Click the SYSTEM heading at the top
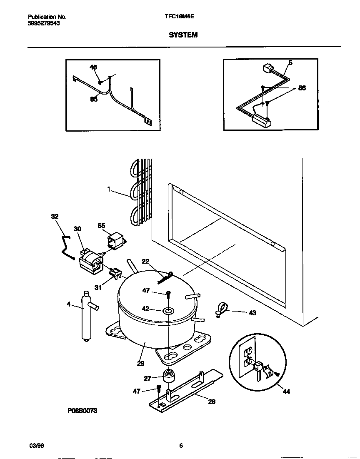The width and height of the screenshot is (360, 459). click(183, 35)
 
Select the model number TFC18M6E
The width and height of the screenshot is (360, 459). click(180, 17)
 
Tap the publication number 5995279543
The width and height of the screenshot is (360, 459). click(44, 23)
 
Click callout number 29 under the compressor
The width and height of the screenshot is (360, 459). click(140, 363)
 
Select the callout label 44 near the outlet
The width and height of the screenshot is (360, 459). click(287, 392)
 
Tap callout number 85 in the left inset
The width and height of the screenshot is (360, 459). click(94, 100)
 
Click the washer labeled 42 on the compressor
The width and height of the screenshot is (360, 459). click(169, 310)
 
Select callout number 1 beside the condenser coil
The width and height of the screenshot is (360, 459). click(108, 189)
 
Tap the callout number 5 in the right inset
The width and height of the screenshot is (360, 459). click(290, 63)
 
